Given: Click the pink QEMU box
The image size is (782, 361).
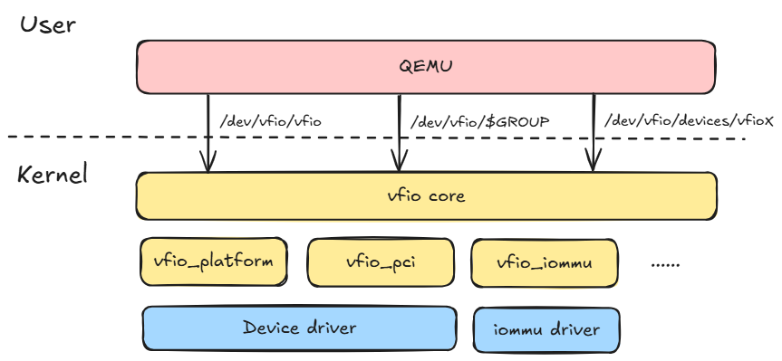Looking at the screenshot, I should point(272,66).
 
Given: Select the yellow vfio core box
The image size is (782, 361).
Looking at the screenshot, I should point(272,196).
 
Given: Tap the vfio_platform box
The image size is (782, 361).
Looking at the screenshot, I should point(213,262).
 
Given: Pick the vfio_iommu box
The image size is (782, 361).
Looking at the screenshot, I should point(544,262).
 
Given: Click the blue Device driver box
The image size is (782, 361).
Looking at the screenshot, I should point(299,328).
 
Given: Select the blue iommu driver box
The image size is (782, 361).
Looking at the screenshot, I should point(547,329).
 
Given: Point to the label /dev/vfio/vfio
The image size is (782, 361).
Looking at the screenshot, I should point(270,120).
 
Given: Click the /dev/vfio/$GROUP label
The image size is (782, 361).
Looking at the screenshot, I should point(480,120).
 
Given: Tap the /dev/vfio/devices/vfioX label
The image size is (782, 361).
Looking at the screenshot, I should point(689,119).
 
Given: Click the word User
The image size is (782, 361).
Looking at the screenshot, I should point(48,24).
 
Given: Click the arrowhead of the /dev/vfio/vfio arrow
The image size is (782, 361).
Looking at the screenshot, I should point(208,166).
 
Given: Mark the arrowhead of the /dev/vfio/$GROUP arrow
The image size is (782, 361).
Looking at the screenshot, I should point(399,166).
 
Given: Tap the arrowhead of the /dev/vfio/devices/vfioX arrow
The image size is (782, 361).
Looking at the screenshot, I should point(593,166).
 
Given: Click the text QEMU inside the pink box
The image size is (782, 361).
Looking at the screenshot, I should point(425,66).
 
